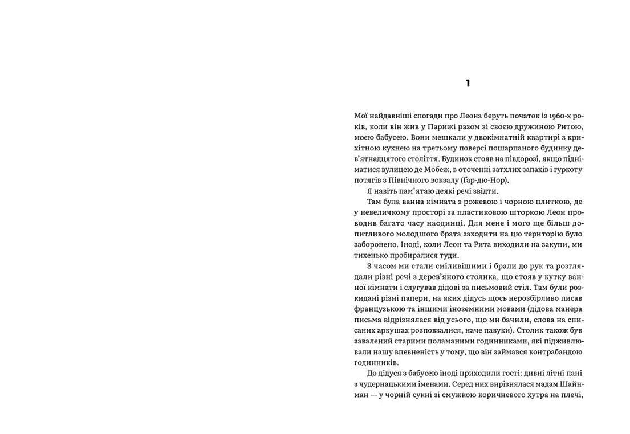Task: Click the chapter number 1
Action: pyautogui.click(x=468, y=83)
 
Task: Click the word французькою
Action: pyautogui.click(x=380, y=310)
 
